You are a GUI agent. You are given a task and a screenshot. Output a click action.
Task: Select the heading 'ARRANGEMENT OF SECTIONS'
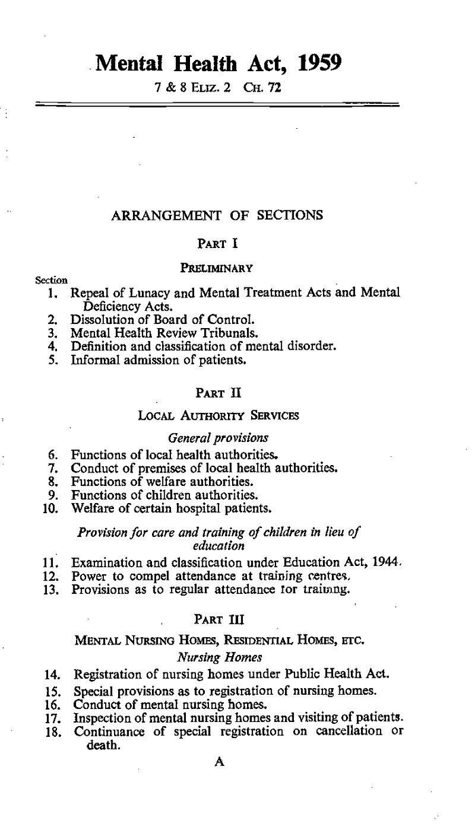(x=217, y=216)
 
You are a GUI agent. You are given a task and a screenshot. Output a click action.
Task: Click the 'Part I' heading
(x=217, y=243)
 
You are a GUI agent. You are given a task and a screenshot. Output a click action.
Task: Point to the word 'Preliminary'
(x=216, y=268)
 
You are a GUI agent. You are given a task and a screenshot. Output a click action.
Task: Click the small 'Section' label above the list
(x=51, y=280)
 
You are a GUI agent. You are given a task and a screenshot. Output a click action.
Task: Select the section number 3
(x=51, y=333)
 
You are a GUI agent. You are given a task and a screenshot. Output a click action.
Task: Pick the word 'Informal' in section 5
(x=94, y=360)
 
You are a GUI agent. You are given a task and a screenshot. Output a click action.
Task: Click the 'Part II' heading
(x=217, y=392)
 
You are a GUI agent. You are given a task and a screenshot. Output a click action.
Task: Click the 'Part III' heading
(x=218, y=619)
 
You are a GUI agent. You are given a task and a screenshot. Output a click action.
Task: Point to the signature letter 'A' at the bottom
(x=219, y=761)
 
